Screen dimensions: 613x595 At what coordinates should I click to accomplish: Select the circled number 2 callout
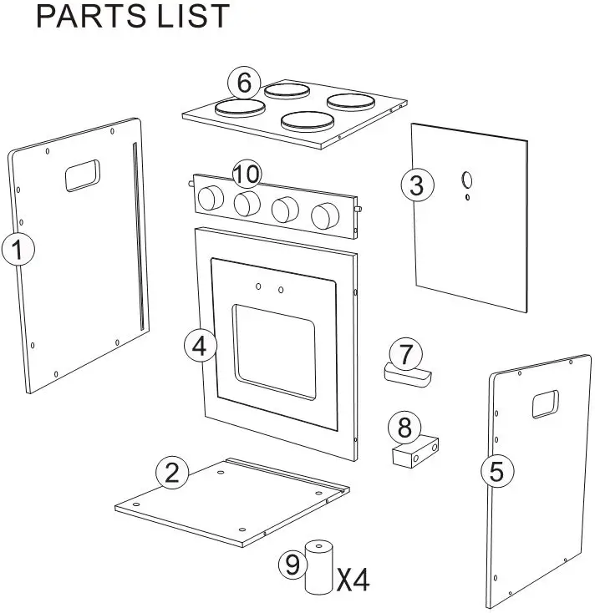[172, 474]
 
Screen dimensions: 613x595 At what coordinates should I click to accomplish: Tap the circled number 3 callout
[416, 185]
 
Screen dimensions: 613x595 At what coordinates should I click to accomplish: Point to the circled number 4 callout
[200, 346]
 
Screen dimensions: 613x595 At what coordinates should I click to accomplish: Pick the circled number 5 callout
[496, 472]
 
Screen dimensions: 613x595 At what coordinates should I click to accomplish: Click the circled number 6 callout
[243, 83]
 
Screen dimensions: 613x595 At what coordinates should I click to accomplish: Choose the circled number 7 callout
[405, 353]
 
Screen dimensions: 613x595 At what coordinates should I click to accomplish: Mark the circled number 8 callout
[404, 428]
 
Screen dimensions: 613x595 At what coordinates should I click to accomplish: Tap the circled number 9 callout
[292, 565]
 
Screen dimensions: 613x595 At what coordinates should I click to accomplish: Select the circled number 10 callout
[247, 175]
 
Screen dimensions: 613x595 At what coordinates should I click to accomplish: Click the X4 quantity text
[352, 579]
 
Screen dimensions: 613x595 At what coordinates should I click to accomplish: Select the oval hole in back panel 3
[467, 180]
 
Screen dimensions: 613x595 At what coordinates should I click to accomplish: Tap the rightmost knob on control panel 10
[323, 216]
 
